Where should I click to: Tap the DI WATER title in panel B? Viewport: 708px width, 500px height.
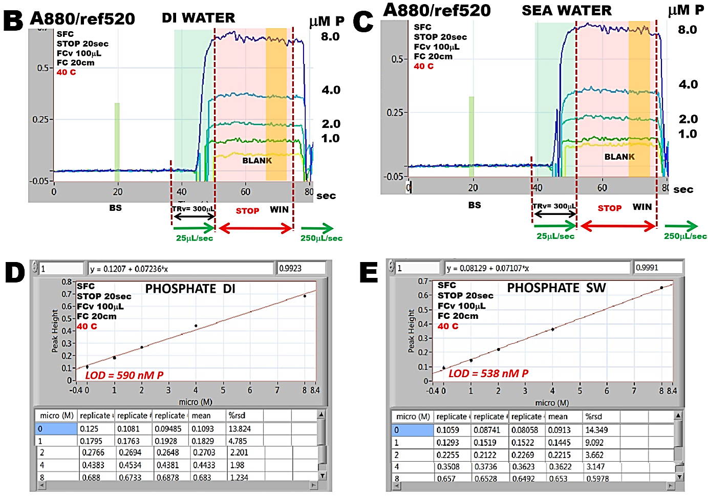point(199,18)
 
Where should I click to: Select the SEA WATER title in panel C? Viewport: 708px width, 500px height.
point(566,11)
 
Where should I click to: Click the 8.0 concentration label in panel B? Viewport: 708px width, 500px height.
point(330,37)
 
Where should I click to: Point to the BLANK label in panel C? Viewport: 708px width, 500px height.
point(619,157)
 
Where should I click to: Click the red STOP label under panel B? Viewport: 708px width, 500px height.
point(247,211)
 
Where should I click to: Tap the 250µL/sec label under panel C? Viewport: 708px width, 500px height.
point(685,236)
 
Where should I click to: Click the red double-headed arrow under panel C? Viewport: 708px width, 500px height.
point(618,226)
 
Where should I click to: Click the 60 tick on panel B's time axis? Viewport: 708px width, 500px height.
point(246,192)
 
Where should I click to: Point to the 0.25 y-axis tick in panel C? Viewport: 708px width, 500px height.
point(395,113)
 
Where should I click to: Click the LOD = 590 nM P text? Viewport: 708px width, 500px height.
point(124,375)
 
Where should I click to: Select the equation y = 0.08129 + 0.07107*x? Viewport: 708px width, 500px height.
point(487,268)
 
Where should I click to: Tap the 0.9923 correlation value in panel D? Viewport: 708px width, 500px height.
point(290,268)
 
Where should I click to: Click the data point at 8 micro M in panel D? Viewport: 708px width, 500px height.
point(305,296)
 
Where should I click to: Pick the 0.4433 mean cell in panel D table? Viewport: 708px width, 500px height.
point(204,465)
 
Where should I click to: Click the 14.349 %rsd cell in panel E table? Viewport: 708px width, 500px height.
point(596,430)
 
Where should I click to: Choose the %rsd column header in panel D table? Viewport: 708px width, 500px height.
point(237,416)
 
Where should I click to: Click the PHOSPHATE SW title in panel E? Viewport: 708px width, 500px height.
point(556,288)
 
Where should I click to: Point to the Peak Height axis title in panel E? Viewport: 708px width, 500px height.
point(411,331)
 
